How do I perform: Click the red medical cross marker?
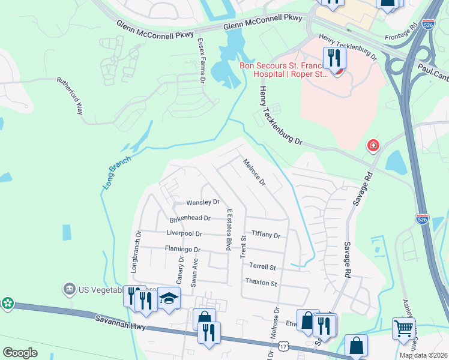coord(373,145)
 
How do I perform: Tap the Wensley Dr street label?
coord(203,203)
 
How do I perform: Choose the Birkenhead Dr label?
coord(190,219)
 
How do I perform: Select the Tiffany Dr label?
coord(266,235)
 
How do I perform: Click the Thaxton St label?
coord(261,283)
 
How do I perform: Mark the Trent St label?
coord(244,247)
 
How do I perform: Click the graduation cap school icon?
coord(169,298)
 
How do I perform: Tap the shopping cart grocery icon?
coord(403,329)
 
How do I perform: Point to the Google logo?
coord(20,353)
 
